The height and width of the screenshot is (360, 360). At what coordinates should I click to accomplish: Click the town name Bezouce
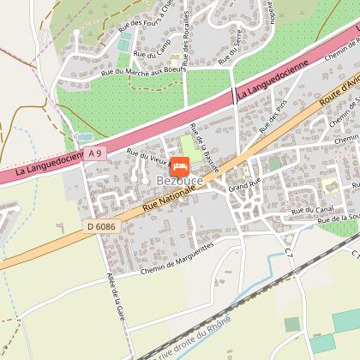(179, 181)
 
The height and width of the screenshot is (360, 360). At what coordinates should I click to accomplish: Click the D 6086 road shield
(99, 226)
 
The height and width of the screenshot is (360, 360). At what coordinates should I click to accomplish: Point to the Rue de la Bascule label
(206, 148)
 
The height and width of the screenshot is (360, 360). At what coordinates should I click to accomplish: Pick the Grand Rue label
(243, 185)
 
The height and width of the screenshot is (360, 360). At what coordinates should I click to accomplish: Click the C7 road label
(288, 253)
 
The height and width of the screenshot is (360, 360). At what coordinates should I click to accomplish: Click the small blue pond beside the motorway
(84, 137)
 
